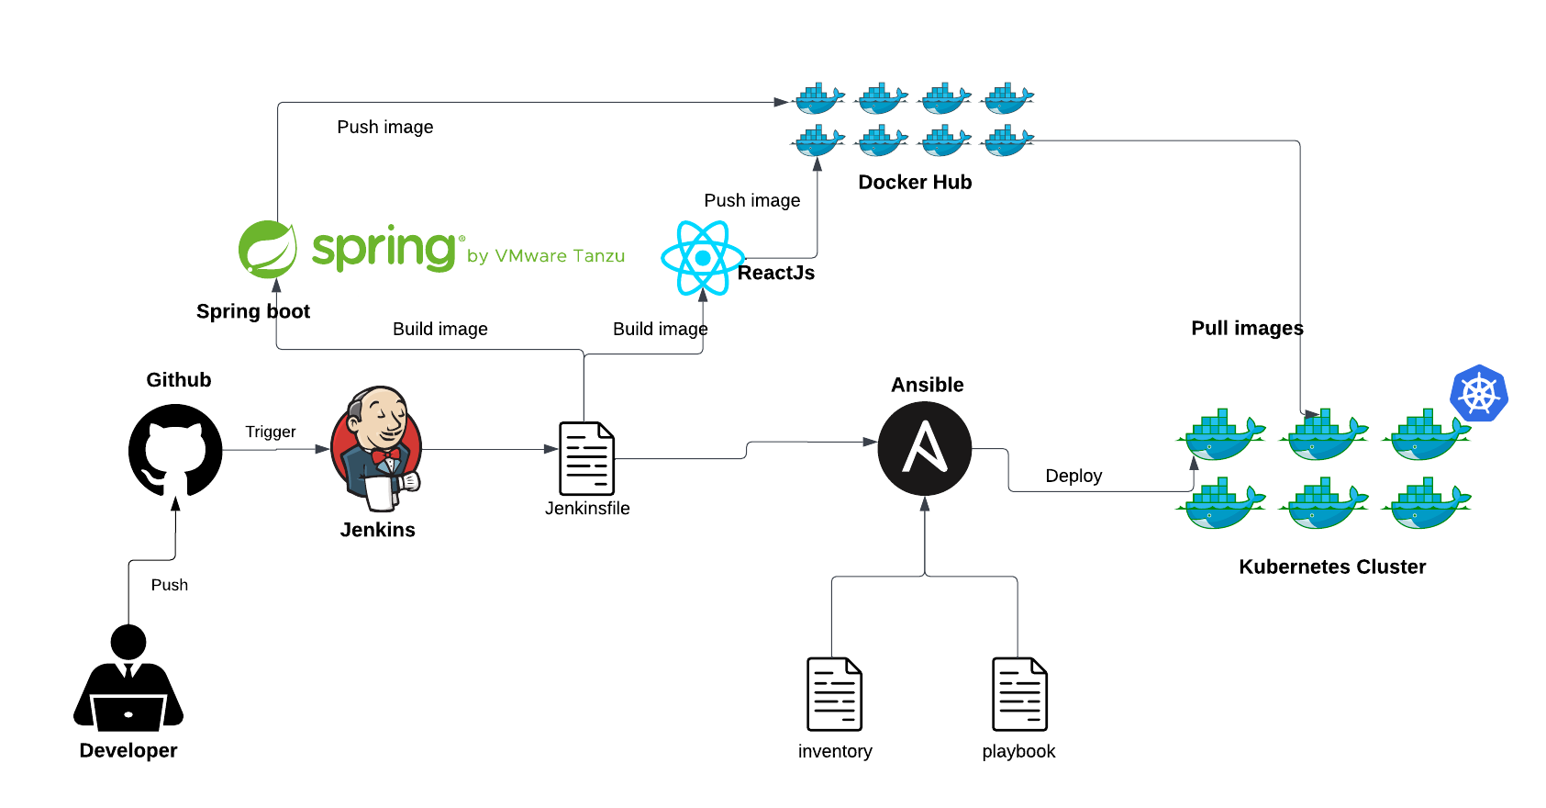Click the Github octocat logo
[x=175, y=451]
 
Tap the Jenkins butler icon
[x=377, y=449]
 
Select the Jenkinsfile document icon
[x=586, y=458]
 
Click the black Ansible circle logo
[x=924, y=449]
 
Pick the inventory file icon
[x=834, y=694]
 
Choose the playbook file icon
[x=1019, y=694]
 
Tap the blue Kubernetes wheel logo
[x=1479, y=394]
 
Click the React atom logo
[x=703, y=258]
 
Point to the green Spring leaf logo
[x=267, y=249]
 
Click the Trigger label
[x=271, y=432]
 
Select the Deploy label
[x=1073, y=476]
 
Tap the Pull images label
[x=1247, y=328]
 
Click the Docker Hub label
[x=915, y=182]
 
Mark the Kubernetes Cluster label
[x=1332, y=567]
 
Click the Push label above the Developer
[x=170, y=585]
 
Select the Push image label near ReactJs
[x=751, y=200]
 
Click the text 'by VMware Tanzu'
[x=546, y=256]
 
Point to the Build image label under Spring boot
[x=439, y=329]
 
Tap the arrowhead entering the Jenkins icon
[x=323, y=449]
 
